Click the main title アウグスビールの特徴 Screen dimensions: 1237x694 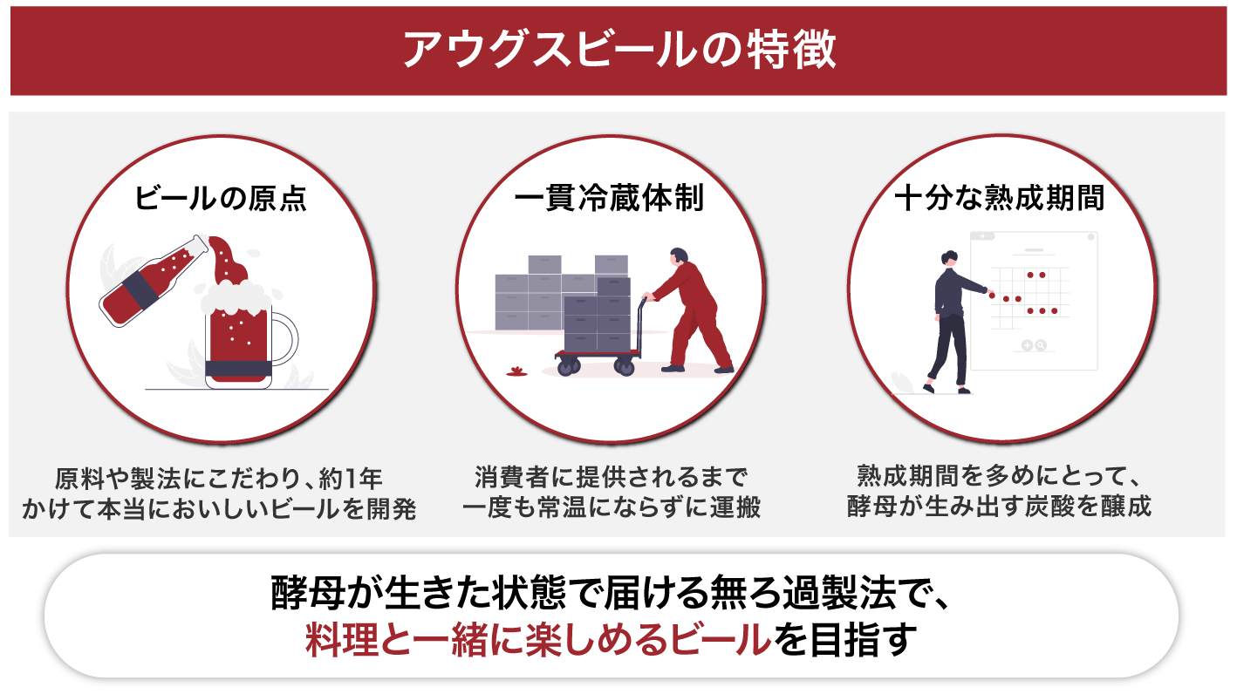point(619,50)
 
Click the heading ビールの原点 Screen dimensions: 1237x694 point(221,198)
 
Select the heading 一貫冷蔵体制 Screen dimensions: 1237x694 point(610,198)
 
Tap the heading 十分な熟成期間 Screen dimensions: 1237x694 point(1000,198)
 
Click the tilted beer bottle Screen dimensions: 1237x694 point(154,281)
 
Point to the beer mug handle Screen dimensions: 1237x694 point(286,338)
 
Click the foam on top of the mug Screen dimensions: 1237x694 point(236,298)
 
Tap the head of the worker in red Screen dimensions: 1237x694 point(679,257)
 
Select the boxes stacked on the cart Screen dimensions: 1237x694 point(598,314)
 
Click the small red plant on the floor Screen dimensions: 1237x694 point(517,371)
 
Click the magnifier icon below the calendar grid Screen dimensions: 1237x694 point(1041,345)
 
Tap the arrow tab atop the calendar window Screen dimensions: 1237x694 point(982,236)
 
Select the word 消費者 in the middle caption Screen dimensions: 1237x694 point(512,478)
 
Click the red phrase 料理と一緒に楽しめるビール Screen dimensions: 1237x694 point(538,641)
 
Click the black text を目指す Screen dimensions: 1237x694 point(845,641)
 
